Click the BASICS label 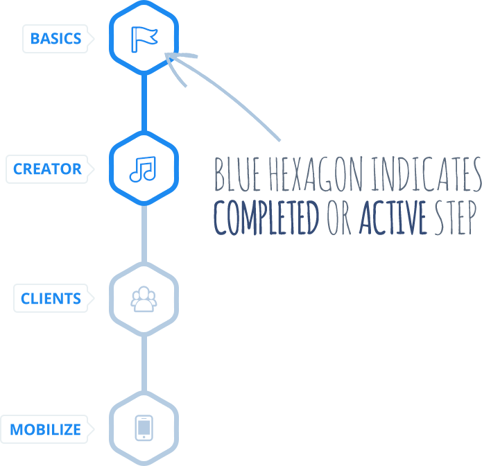tap(55, 39)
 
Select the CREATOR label tap(47, 169)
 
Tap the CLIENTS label tap(51, 299)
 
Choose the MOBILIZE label tap(45, 429)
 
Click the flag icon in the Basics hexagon tap(144, 38)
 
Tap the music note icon tap(143, 169)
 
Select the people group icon tap(144, 299)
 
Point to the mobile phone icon tap(144, 428)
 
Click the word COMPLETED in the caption tap(266, 217)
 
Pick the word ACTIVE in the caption tap(393, 217)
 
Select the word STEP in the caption tap(454, 217)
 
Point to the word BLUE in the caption tap(235, 175)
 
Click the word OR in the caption tap(340, 217)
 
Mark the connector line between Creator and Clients tap(144, 233)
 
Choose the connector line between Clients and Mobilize tap(144, 363)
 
